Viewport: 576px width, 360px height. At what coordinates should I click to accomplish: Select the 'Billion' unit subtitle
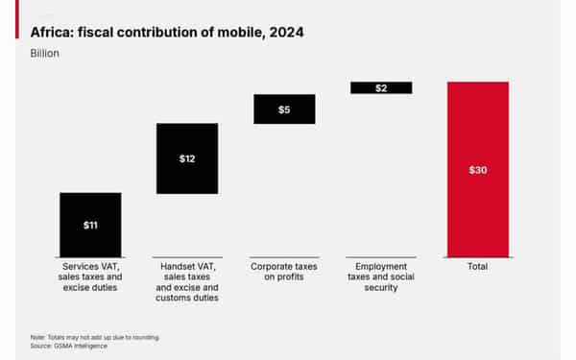pyautogui.click(x=46, y=53)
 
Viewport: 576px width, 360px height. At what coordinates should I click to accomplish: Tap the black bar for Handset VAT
pyautogui.click(x=186, y=144)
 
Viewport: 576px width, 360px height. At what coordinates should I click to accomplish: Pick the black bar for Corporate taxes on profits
pyautogui.click(x=284, y=108)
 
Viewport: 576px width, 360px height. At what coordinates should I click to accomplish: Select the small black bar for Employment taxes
pyautogui.click(x=381, y=87)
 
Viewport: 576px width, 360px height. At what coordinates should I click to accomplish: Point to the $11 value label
pyautogui.click(x=90, y=226)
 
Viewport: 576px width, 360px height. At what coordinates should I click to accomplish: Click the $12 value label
pyautogui.click(x=187, y=158)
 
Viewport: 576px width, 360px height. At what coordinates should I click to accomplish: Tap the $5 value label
pyautogui.click(x=284, y=109)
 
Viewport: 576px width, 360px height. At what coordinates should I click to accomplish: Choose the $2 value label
pyautogui.click(x=381, y=87)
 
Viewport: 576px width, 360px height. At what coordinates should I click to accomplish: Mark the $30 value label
pyautogui.click(x=477, y=170)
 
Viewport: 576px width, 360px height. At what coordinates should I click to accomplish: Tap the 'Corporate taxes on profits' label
pyautogui.click(x=284, y=271)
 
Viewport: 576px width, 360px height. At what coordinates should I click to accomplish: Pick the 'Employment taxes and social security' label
pyautogui.click(x=381, y=276)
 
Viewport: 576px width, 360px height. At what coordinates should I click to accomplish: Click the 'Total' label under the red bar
pyautogui.click(x=477, y=266)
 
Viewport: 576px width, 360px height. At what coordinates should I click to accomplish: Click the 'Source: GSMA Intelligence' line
pyautogui.click(x=69, y=346)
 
